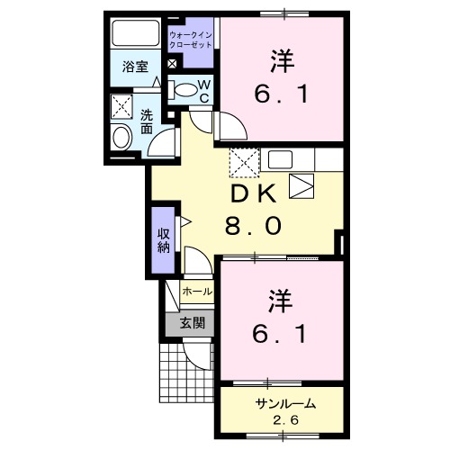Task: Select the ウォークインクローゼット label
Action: [191, 39]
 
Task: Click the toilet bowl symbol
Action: [184, 89]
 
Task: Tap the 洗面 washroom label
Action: [146, 121]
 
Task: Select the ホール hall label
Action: [197, 292]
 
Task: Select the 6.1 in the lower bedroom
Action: [281, 334]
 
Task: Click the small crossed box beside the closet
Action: [172, 65]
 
